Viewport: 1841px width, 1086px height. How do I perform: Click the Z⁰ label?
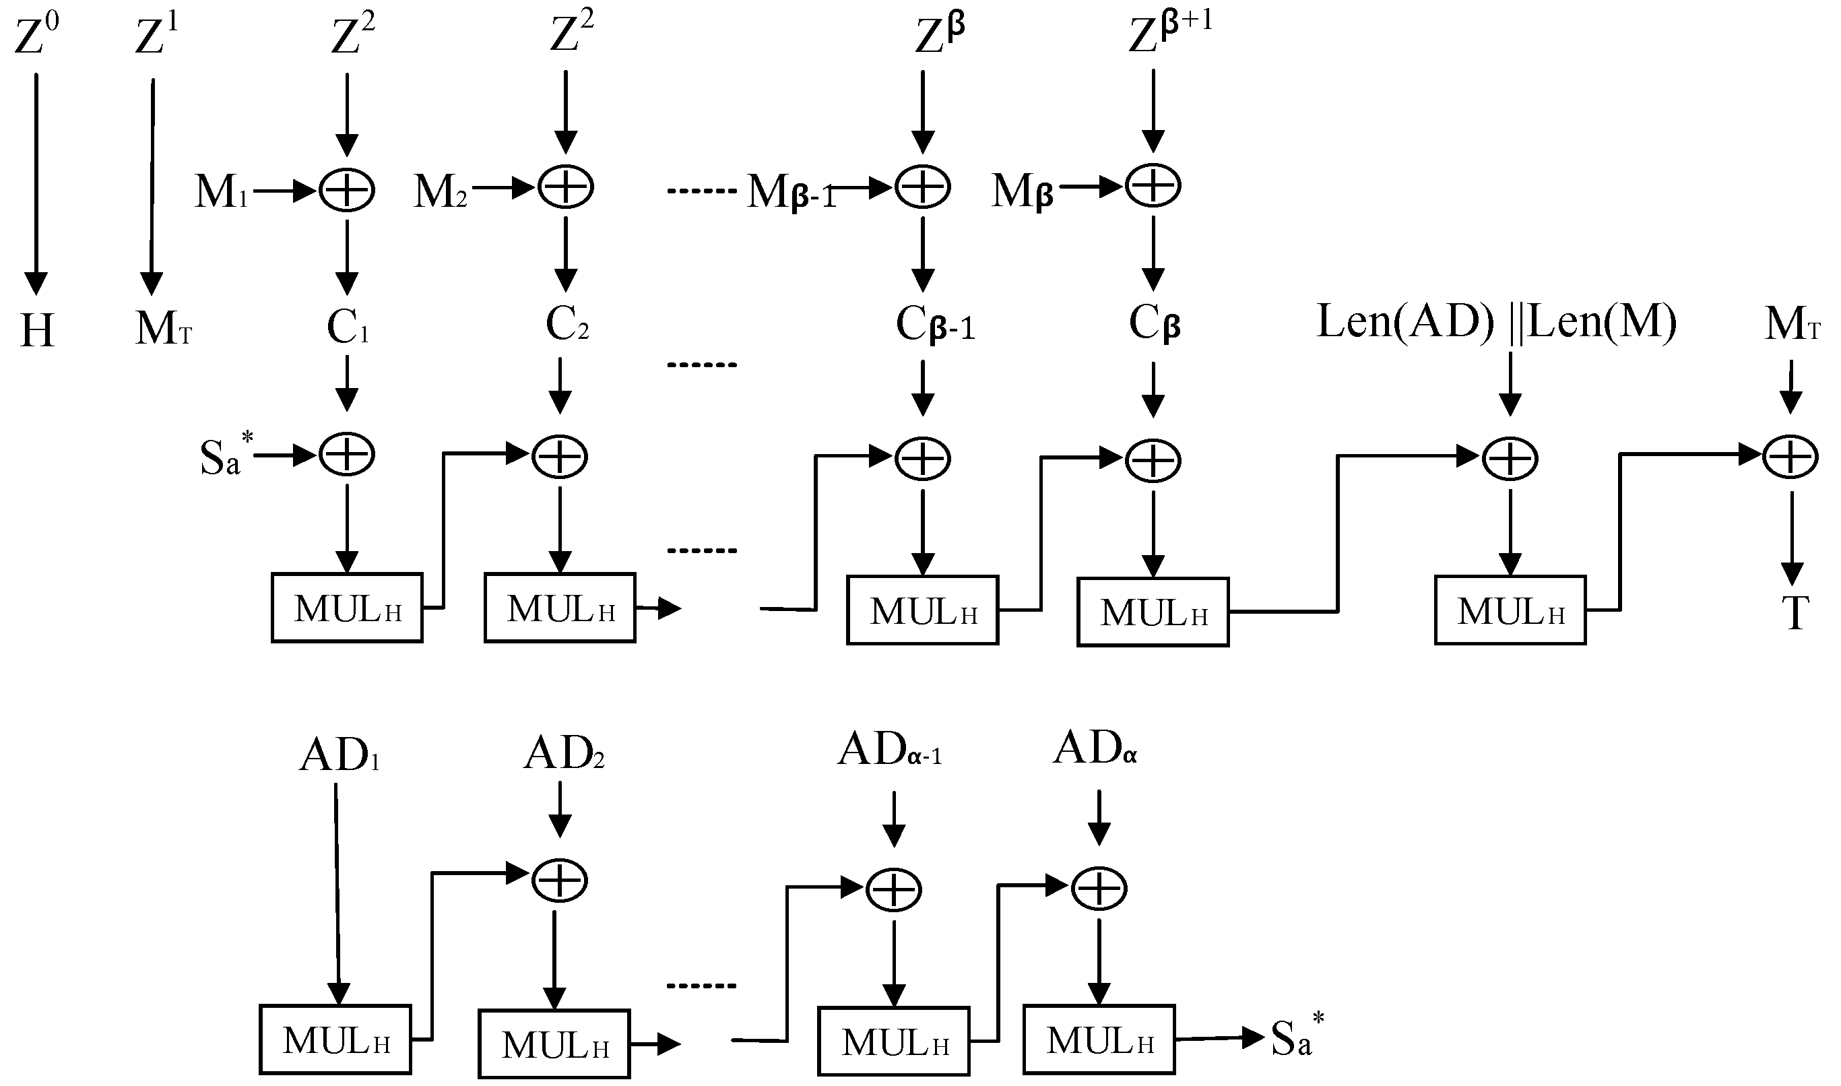pyautogui.click(x=36, y=36)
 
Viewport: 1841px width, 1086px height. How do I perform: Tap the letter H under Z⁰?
pyautogui.click(x=36, y=331)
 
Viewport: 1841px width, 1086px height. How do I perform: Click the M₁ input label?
pyautogui.click(x=221, y=192)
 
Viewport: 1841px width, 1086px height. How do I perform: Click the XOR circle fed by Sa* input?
pyautogui.click(x=347, y=455)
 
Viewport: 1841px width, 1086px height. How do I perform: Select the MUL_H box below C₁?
pyautogui.click(x=347, y=608)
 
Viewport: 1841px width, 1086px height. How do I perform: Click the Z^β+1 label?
pyautogui.click(x=1169, y=34)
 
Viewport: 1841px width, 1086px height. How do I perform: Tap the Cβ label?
pyautogui.click(x=1154, y=323)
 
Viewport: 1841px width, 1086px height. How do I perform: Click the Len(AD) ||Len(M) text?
pyautogui.click(x=1495, y=321)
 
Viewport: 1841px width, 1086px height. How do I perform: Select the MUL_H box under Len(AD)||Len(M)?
pyautogui.click(x=1510, y=610)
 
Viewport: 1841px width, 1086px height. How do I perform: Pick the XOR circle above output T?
pyautogui.click(x=1790, y=457)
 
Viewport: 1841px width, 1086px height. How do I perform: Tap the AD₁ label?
pyautogui.click(x=340, y=756)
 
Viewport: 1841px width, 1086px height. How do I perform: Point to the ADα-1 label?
pyautogui.click(x=889, y=750)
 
